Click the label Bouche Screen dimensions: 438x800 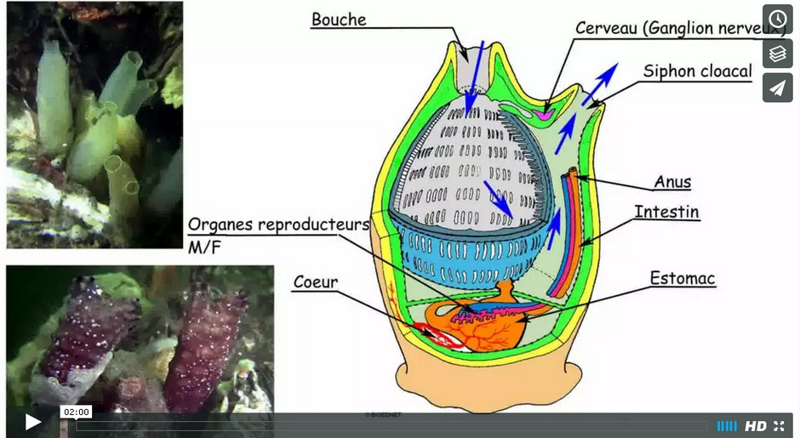339,20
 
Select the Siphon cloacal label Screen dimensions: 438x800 698,71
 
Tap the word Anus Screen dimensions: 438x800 672,181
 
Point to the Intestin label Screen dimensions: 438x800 667,211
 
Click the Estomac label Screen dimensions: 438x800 683,278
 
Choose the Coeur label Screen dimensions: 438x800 316,282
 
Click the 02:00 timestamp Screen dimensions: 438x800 76,412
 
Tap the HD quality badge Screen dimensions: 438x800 755,426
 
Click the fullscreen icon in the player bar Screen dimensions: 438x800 779,426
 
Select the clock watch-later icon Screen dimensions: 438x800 777,20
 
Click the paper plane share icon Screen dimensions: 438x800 777,88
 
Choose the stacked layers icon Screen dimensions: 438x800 777,54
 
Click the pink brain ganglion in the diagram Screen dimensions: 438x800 546,111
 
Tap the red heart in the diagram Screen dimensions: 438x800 443,339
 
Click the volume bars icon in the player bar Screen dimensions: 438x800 727,426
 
